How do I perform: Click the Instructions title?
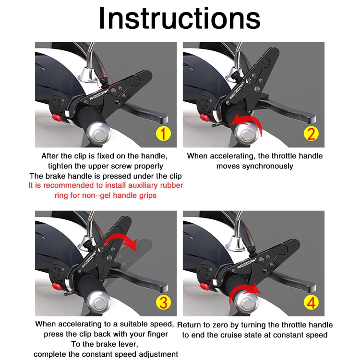pyautogui.click(x=180, y=18)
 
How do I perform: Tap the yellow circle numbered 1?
pyautogui.click(x=163, y=133)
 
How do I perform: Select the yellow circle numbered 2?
pyautogui.click(x=311, y=133)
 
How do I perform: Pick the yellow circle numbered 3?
pyautogui.click(x=163, y=302)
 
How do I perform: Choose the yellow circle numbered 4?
pyautogui.click(x=311, y=302)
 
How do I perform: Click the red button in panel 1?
pyautogui.click(x=57, y=118)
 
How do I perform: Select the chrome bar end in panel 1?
pyautogui.click(x=98, y=134)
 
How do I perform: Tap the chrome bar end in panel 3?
pyautogui.click(x=98, y=303)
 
